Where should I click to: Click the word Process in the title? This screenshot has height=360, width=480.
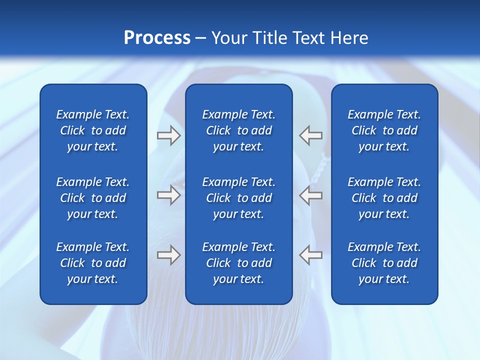157,38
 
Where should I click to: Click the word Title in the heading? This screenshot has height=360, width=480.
271,38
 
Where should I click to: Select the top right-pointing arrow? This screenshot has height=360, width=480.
168,135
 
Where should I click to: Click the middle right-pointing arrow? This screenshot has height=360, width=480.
168,195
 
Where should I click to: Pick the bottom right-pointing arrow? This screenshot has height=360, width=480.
168,255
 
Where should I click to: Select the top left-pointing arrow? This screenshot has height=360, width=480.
310,135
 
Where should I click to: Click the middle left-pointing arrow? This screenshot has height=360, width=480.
310,195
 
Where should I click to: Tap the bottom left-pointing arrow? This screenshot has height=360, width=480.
310,255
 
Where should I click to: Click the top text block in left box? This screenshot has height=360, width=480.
93,130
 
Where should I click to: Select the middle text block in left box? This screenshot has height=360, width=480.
93,198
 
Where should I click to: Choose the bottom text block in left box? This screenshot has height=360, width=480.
93,263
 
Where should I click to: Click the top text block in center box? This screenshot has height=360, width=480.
238,130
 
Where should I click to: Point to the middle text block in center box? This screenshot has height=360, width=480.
238,198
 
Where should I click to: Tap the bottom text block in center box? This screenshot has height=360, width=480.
238,263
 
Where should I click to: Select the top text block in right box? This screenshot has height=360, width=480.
384,130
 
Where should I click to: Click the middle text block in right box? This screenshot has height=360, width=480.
384,198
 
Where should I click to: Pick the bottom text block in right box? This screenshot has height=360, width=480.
384,263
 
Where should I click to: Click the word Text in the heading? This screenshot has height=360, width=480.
310,38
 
